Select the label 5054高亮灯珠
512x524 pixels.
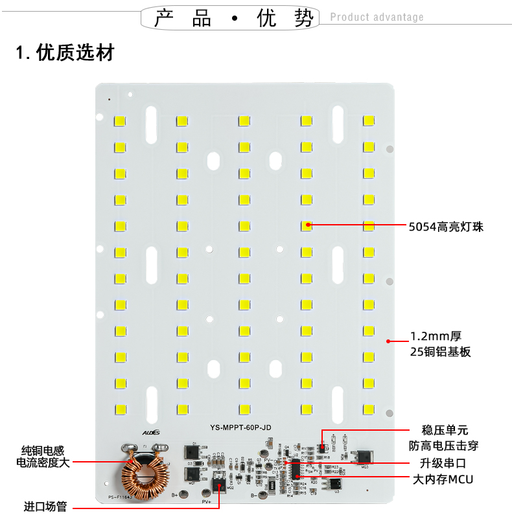tap(446, 227)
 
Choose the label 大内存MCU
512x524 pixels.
tap(443, 480)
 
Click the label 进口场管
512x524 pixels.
tap(45, 507)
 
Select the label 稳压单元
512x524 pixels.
tap(445, 430)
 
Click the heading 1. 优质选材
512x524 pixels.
tap(65, 52)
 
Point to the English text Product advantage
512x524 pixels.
tap(377, 17)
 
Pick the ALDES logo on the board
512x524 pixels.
tap(150, 429)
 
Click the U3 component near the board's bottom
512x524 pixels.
tap(336, 484)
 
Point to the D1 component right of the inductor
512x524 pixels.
tap(192, 451)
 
